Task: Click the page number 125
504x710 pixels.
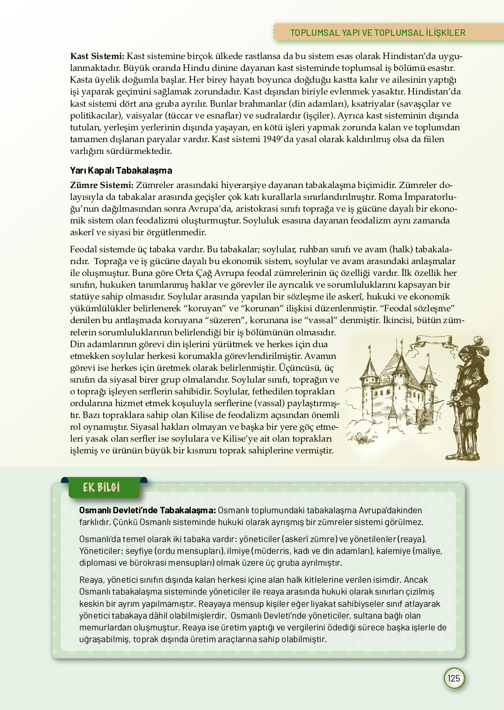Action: point(454,678)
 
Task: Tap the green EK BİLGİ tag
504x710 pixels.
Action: point(101,487)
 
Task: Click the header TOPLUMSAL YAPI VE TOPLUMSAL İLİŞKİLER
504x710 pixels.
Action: point(378,33)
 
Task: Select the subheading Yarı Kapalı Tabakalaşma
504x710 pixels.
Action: point(121,171)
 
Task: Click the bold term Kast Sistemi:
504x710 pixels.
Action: point(97,56)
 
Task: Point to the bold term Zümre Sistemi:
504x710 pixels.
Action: point(101,185)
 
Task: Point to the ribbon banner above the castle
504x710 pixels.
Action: point(426,341)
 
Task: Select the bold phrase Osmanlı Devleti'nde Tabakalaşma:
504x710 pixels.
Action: point(147,510)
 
